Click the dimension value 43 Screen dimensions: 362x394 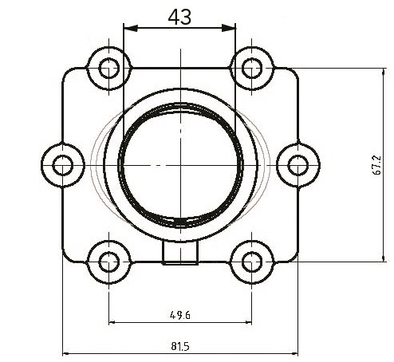tap(180, 16)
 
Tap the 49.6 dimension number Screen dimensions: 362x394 tap(179, 314)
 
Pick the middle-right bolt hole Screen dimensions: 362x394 tap(297, 165)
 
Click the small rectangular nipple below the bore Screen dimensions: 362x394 tap(180, 253)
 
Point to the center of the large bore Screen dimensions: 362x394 tap(180, 163)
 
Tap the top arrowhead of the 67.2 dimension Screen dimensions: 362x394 tap(386, 72)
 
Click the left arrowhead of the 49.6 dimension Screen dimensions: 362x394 tap(112, 323)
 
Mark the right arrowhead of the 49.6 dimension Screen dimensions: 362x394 tap(247, 323)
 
